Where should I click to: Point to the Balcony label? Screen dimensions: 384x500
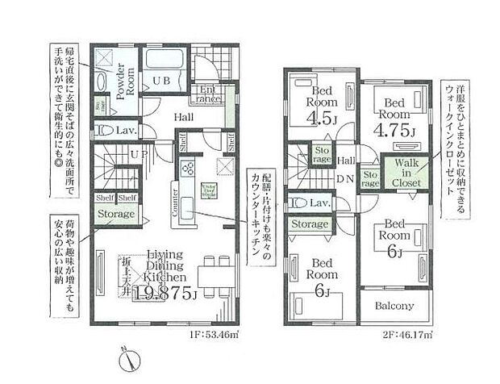point(394,306)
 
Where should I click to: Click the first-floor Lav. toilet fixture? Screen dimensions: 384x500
point(100,129)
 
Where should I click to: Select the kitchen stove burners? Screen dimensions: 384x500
point(188,168)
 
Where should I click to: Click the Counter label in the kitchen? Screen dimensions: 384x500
point(174,205)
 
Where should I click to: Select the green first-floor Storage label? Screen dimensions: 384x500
point(115,215)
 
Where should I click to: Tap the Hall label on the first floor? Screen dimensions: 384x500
point(184,116)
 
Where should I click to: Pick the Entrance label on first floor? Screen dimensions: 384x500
point(206,94)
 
